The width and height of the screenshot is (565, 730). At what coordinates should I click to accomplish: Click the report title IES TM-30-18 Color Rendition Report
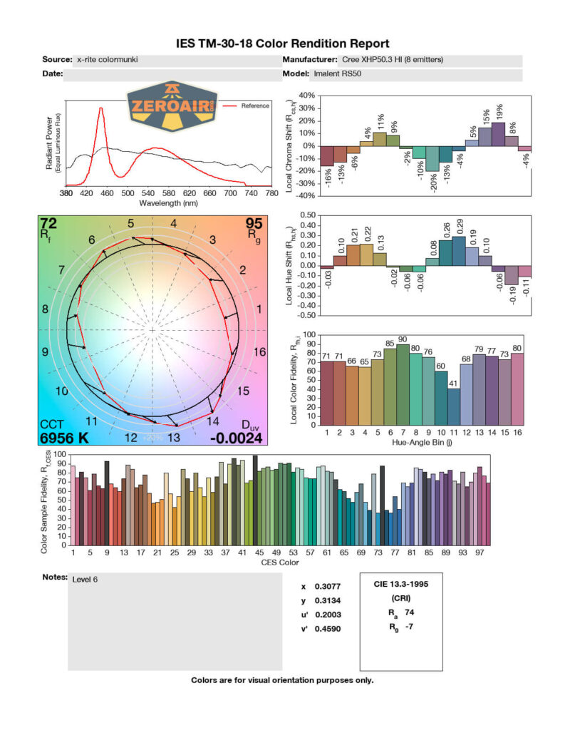coord(282,44)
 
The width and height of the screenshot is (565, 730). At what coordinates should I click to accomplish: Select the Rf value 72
coord(49,223)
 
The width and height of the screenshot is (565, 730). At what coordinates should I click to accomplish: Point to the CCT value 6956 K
coord(65,437)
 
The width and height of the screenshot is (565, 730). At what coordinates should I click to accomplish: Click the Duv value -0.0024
coord(236,437)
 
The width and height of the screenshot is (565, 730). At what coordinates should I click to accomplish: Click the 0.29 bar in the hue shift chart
coord(458,251)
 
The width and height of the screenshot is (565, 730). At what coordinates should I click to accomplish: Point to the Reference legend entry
coord(255,106)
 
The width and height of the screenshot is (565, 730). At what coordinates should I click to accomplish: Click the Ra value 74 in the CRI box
coord(410,612)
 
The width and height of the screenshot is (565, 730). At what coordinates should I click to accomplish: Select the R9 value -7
coord(410,627)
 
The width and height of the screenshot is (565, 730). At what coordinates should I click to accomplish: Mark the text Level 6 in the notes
coord(85,579)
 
